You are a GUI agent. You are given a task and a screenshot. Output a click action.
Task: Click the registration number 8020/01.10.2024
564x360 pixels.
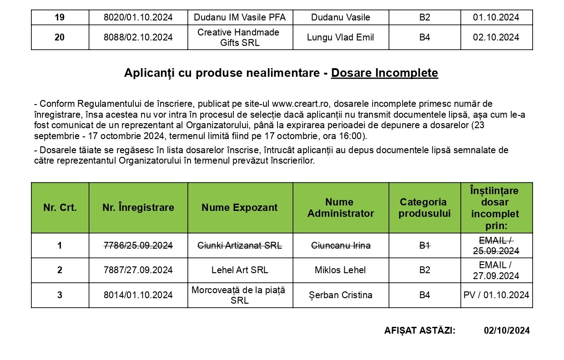pos(138,18)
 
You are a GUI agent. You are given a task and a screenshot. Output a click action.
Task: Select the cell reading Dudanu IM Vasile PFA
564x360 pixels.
pos(240,18)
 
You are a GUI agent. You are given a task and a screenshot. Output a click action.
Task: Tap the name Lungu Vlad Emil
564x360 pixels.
pos(340,38)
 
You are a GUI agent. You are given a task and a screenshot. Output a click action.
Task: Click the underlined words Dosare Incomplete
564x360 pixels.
pos(384,73)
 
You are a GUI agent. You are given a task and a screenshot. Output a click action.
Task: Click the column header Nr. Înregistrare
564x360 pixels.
pos(138,208)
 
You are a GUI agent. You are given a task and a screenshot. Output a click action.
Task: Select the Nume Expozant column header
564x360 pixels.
pos(240,208)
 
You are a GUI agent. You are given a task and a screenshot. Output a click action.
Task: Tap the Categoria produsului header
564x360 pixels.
pos(424,208)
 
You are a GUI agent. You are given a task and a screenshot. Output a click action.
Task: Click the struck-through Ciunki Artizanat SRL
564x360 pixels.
pos(240,246)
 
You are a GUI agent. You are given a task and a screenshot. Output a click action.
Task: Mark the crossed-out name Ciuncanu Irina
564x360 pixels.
pos(340,246)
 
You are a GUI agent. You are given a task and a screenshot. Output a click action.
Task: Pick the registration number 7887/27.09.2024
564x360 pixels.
pos(138,270)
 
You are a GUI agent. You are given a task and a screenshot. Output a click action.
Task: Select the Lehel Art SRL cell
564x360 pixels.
pos(240,270)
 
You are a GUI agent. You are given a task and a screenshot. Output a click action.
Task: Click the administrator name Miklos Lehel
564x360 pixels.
pos(340,270)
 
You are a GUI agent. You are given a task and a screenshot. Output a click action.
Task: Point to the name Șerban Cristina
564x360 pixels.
pos(340,295)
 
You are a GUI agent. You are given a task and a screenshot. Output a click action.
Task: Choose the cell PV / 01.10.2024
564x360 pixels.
pos(496,295)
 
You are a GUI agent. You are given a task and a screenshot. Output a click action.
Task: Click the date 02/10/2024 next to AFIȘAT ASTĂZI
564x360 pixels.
pos(507,331)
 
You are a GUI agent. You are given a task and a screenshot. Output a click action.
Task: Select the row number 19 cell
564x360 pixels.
pos(60,18)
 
